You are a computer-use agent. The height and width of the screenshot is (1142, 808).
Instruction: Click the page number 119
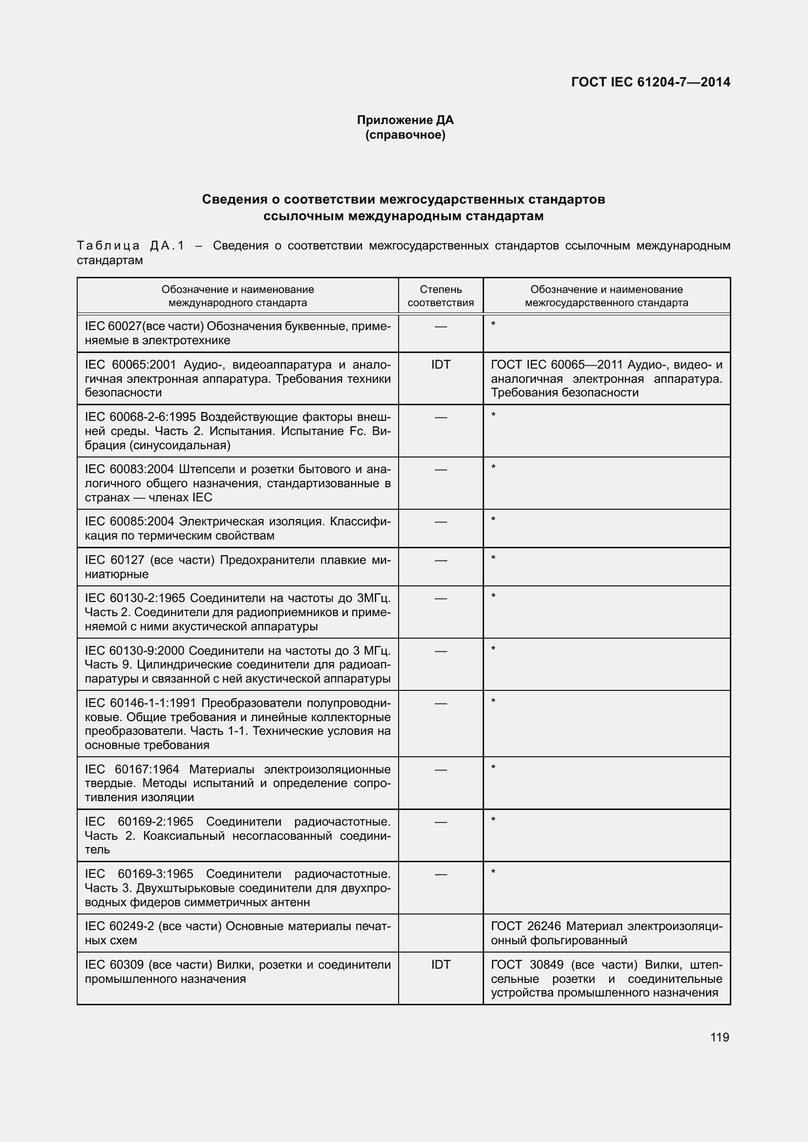coord(720,1037)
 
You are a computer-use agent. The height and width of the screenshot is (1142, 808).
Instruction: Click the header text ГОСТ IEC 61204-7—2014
coord(650,82)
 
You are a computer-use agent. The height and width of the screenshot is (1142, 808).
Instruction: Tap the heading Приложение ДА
coord(405,120)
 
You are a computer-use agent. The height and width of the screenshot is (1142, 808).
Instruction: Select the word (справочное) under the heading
coord(405,135)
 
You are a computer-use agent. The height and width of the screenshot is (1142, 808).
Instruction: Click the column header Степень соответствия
coord(440,296)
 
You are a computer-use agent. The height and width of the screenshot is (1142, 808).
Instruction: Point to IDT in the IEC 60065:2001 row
coord(440,365)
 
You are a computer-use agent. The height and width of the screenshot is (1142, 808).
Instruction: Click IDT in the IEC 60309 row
coord(440,964)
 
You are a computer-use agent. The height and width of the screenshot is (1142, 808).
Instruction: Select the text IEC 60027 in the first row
coord(113,326)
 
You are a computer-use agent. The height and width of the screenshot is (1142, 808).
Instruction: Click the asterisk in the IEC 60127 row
coord(493,558)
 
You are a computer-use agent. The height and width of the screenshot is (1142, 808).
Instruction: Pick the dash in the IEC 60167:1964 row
coord(440,769)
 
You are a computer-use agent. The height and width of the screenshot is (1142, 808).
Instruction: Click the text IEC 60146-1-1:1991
coord(141,703)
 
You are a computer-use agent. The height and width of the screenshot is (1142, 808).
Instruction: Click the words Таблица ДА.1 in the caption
coord(130,246)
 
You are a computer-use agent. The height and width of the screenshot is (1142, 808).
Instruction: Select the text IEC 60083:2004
coord(129,469)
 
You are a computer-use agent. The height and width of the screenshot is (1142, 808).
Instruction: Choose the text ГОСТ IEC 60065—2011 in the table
coord(556,365)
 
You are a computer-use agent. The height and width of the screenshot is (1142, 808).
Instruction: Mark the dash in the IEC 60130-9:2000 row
coord(440,650)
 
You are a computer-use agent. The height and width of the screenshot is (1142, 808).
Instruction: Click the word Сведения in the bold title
coord(234,200)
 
